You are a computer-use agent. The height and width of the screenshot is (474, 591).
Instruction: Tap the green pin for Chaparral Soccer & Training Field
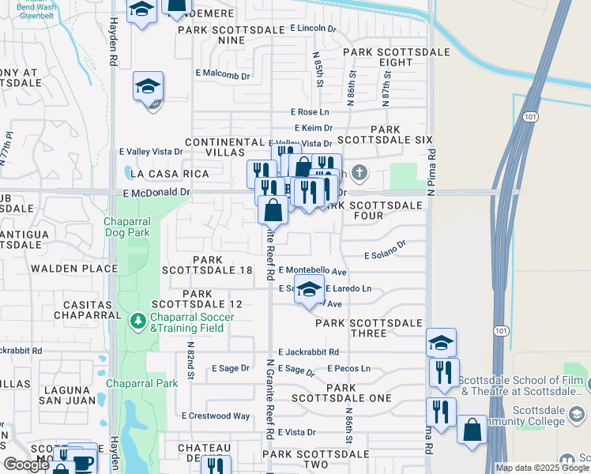137,321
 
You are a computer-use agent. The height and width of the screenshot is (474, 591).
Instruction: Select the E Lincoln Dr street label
313,28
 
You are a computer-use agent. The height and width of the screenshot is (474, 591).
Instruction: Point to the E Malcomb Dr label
223,77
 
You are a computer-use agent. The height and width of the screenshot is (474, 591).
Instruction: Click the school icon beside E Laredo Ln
310,291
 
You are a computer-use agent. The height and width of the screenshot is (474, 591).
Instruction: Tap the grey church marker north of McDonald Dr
359,172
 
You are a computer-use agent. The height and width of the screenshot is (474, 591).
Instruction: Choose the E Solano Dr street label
385,250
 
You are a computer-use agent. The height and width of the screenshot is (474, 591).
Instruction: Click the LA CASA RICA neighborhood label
159,174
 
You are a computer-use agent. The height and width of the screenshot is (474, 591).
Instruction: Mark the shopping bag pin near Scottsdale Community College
472,431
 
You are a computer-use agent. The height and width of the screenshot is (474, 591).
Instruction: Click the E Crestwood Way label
216,416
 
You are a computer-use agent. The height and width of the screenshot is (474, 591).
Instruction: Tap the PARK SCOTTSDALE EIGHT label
396,57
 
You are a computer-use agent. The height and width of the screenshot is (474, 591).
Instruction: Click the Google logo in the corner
26,465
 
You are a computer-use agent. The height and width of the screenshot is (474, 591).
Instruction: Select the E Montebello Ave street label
313,270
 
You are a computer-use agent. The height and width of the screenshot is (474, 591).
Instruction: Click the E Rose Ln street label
310,112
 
